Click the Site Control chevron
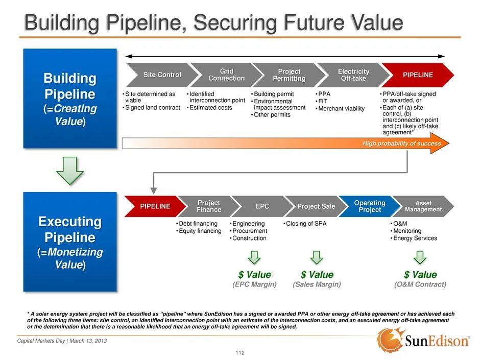point(161,75)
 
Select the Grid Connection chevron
point(226,75)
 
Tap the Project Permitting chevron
point(289,75)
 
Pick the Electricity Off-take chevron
point(353,75)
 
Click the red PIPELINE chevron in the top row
point(418,75)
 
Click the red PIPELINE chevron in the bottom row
point(155,206)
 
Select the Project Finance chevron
point(208,206)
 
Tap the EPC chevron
point(262,206)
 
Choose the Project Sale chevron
point(316,206)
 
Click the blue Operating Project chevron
point(369,206)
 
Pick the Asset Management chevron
point(423,206)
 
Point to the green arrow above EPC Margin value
point(254,257)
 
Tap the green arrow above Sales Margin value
point(317,257)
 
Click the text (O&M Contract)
point(420,284)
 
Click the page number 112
point(240,353)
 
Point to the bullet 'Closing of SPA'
point(306,224)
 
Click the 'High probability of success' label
point(401,143)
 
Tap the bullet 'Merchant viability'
point(341,108)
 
